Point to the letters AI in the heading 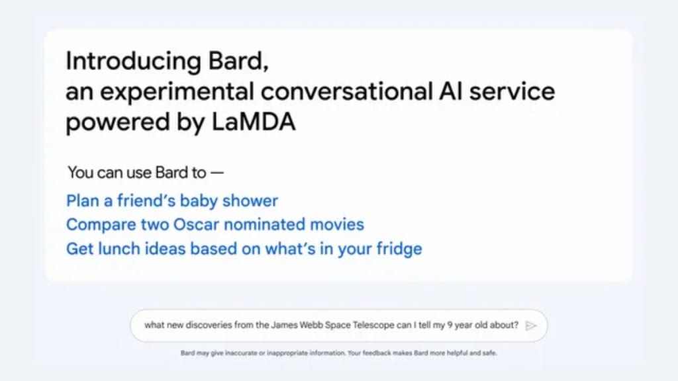coord(449,91)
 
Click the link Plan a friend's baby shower coord(171,200)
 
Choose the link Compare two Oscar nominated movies coord(215,224)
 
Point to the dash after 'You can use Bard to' coord(217,174)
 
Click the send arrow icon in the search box coord(531,325)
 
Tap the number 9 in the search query coord(462,325)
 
